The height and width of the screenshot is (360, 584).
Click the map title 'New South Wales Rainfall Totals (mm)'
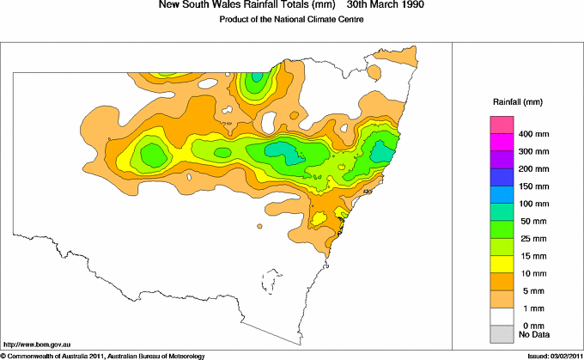point(243,5)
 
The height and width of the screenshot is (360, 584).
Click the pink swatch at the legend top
point(502,125)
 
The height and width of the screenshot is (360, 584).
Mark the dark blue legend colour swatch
point(502,177)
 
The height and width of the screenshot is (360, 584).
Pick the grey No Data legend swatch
point(502,333)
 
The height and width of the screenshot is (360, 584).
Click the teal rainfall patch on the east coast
point(380,153)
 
